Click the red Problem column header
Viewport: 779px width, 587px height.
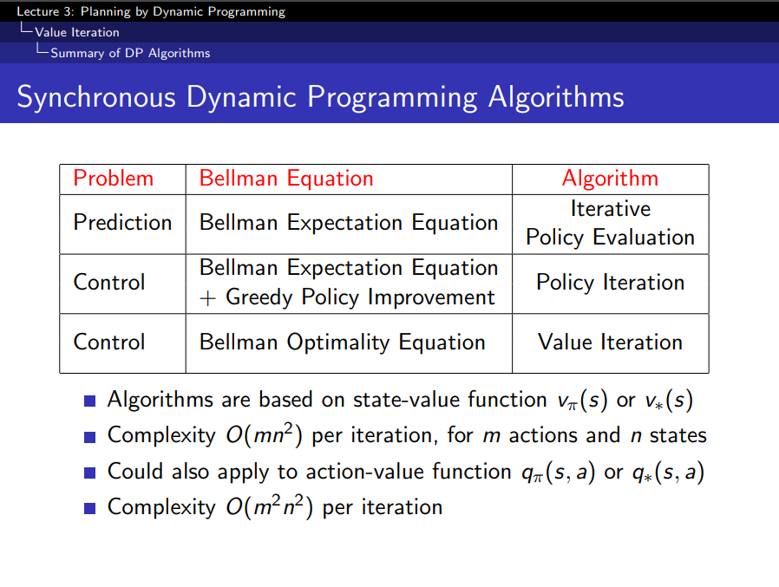click(x=114, y=179)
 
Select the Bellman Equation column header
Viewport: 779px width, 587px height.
click(x=286, y=179)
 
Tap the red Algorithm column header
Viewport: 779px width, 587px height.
click(x=610, y=179)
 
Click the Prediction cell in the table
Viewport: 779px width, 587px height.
click(x=122, y=222)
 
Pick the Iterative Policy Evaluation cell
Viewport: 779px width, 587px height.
click(x=610, y=223)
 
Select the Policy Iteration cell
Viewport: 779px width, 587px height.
click(x=610, y=283)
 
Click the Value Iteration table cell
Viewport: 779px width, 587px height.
click(x=610, y=342)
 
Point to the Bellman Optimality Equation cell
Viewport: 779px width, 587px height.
click(x=343, y=342)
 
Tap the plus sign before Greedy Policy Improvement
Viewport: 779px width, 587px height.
click(x=207, y=298)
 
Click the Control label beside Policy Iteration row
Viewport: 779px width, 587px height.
click(x=108, y=282)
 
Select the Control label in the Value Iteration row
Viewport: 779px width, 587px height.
click(x=108, y=342)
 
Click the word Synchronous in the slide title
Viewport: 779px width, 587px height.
click(x=96, y=97)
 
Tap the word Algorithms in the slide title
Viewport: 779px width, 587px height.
click(x=556, y=97)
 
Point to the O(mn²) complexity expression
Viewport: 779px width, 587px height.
click(x=264, y=435)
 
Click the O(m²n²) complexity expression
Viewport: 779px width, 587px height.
click(x=269, y=507)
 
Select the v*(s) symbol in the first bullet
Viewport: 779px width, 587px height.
click(x=669, y=400)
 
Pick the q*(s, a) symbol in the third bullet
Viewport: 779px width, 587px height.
click(x=668, y=472)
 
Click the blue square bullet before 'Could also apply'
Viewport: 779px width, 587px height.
click(x=90, y=473)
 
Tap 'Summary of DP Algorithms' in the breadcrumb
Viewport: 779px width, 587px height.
click(x=130, y=53)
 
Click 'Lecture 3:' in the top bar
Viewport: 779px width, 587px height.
click(x=45, y=11)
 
